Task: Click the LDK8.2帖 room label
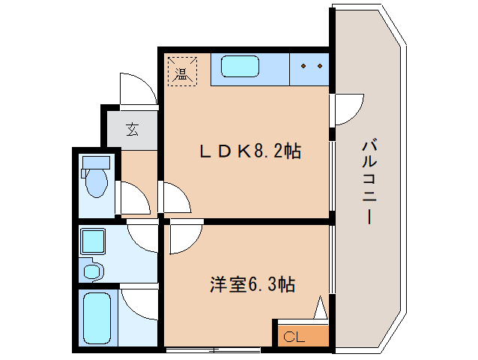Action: click(249, 151)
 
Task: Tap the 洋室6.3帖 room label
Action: click(251, 285)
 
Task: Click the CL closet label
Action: click(294, 337)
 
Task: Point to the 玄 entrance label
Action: click(132, 129)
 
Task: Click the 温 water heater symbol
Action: click(181, 72)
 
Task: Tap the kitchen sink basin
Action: click(240, 67)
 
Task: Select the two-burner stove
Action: click(310, 67)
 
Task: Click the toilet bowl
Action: click(96, 180)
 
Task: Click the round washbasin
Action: click(93, 269)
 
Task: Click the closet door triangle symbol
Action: click(321, 309)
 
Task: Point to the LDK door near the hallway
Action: click(177, 198)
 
